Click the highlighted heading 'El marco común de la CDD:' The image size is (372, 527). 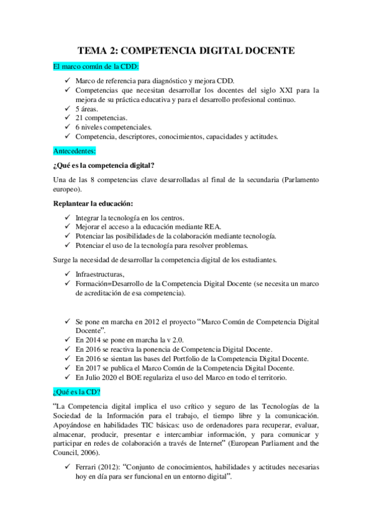click(96, 66)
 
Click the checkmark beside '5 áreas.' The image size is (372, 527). click(67, 109)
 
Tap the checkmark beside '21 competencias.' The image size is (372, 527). click(67, 118)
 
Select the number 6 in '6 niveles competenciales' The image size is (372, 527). click(78, 127)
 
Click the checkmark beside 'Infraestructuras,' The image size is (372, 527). click(67, 274)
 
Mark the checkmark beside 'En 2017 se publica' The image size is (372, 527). click(67, 369)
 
